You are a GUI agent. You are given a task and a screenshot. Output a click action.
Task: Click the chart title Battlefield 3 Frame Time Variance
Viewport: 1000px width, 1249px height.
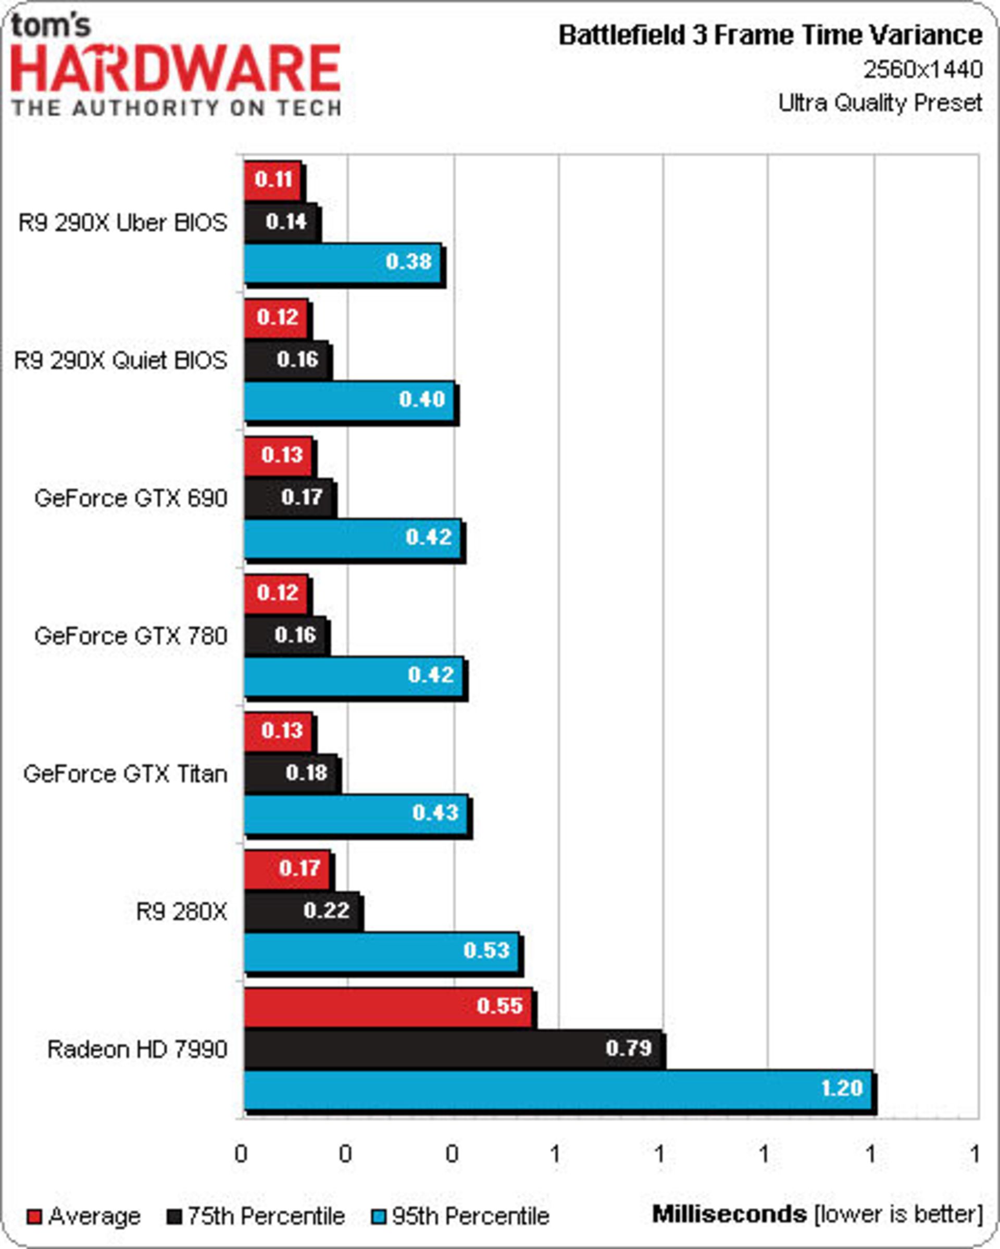(770, 36)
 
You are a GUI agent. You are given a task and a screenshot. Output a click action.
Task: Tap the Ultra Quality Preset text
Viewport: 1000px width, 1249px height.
(880, 103)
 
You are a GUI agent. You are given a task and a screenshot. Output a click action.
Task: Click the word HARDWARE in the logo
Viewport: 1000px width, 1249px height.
(176, 69)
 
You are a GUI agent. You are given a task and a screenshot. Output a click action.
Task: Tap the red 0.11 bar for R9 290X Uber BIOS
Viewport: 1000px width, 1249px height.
(272, 180)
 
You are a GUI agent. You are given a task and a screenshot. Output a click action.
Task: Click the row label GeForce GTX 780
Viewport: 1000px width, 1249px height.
(130, 636)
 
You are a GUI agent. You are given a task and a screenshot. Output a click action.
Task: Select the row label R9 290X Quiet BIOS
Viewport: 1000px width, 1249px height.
(120, 361)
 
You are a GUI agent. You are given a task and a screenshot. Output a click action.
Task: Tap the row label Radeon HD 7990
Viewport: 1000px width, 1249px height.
(137, 1049)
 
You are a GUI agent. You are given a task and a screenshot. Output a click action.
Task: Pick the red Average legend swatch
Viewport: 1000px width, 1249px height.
(35, 1217)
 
